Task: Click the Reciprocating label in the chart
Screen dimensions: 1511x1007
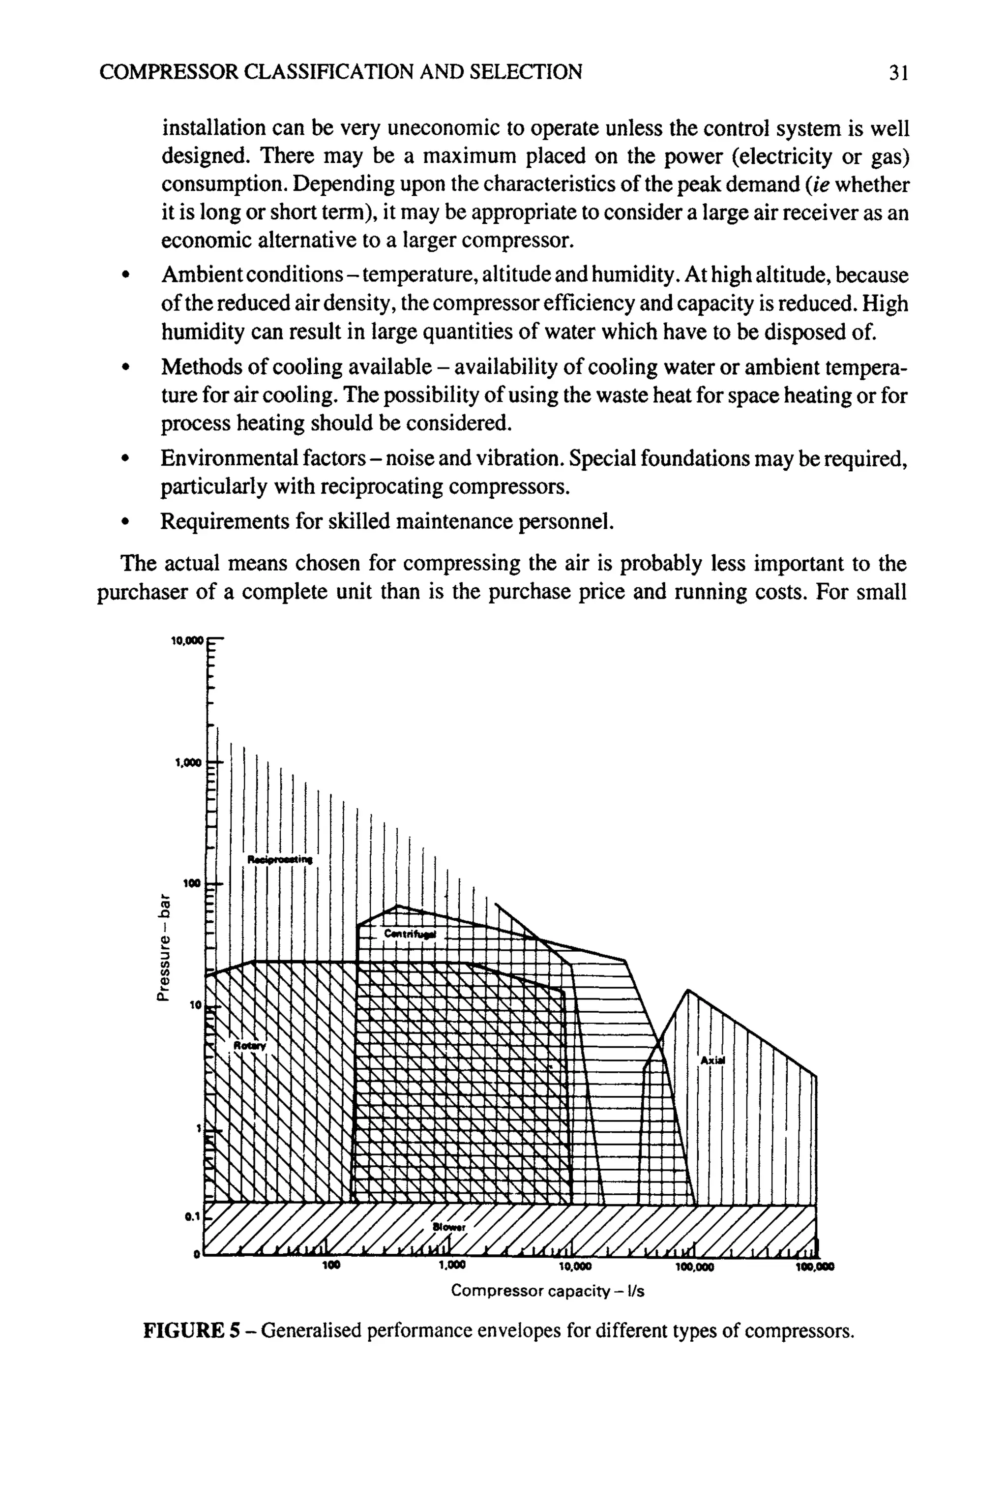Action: (279, 860)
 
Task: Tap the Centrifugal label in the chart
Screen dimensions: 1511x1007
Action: (410, 934)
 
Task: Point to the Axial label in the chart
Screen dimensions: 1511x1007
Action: (712, 1060)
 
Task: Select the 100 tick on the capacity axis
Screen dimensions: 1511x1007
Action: (331, 1266)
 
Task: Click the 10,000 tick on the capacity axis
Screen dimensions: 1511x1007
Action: (575, 1266)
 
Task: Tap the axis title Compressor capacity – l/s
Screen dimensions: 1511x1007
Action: (547, 1291)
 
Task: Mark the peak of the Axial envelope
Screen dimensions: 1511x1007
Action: (688, 990)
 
